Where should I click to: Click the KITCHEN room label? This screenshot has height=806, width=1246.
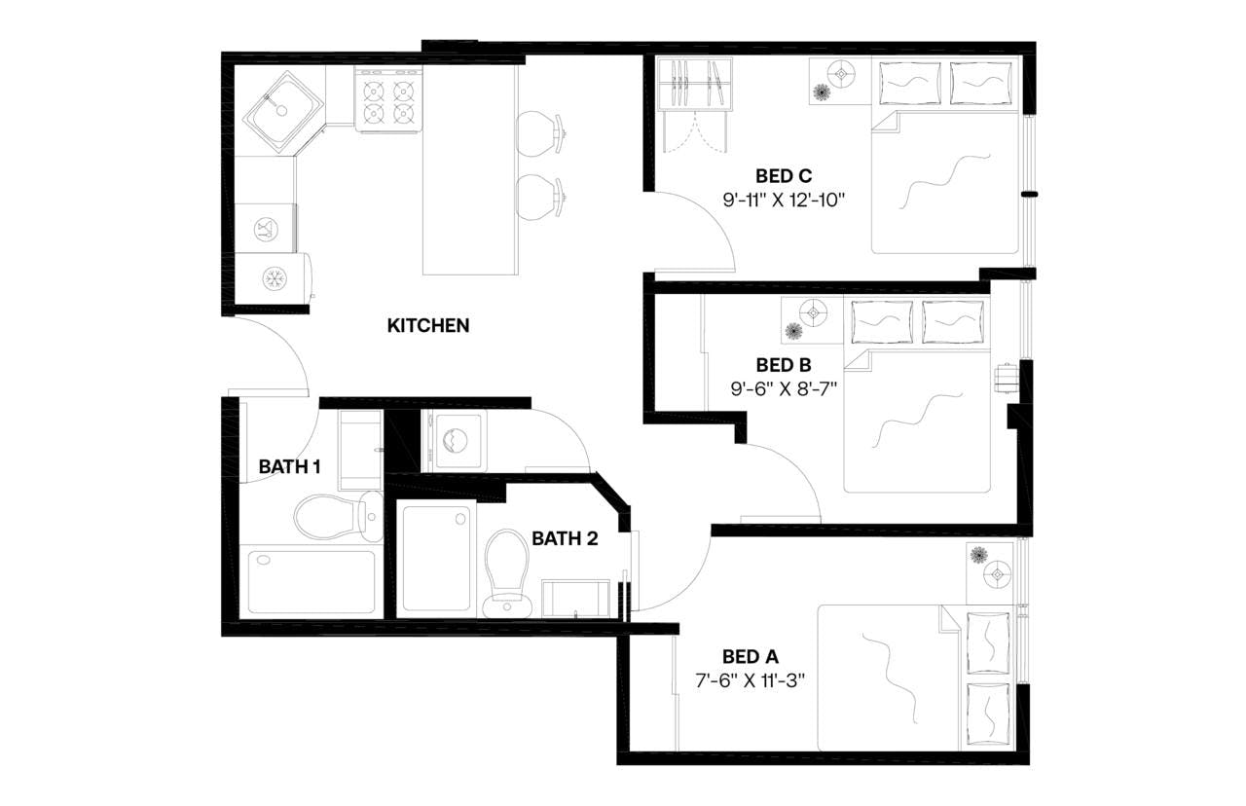point(428,325)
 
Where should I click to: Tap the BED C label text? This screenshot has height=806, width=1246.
point(783,176)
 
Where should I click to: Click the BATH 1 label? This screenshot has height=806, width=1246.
point(289,466)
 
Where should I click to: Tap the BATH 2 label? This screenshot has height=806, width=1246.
point(564,537)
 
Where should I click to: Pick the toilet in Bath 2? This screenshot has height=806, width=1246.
point(505,568)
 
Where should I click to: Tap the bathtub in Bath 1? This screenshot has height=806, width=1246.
point(311,582)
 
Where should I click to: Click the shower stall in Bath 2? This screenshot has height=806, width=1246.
point(437,559)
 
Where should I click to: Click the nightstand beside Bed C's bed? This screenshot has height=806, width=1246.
point(835,80)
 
